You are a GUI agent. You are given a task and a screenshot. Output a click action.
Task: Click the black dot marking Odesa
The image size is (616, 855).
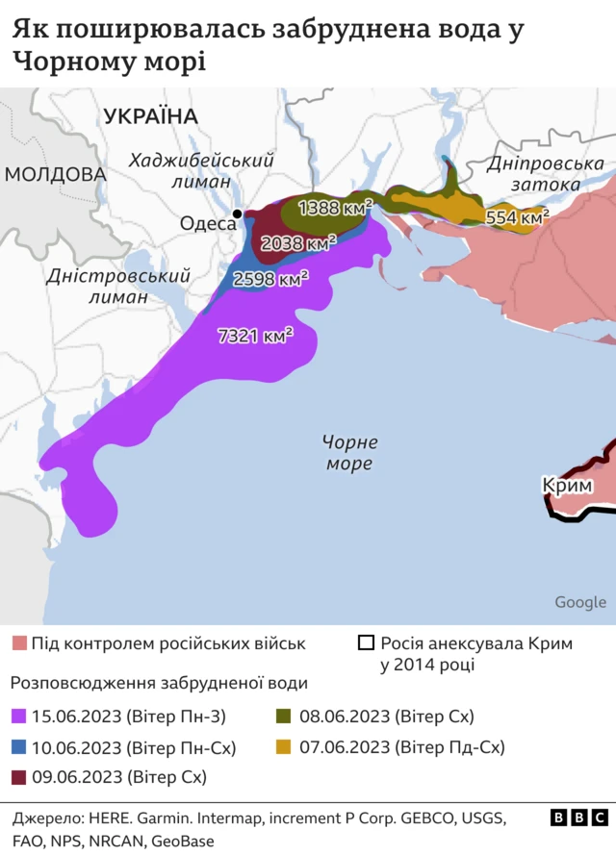(x=237, y=214)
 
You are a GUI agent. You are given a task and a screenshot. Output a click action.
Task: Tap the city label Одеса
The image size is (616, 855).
(x=207, y=223)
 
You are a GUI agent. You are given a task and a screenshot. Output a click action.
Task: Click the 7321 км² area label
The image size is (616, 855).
(x=256, y=337)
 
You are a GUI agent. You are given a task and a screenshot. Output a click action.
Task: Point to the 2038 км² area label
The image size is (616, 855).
(x=299, y=242)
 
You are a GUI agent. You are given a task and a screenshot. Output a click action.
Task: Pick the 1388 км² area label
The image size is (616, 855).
(x=336, y=207)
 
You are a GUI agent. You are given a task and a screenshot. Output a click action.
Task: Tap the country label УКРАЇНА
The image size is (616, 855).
(x=150, y=116)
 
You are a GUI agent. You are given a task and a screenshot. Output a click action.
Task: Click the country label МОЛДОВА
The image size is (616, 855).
(x=55, y=174)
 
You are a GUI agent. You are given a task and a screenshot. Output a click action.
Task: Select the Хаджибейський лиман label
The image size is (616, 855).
(x=201, y=170)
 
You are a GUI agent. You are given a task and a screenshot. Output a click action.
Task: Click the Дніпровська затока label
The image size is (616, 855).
(x=546, y=174)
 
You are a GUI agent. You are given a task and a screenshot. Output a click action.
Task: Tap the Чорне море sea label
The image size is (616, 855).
(x=348, y=453)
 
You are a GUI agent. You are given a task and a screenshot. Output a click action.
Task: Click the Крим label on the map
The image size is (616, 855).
(x=567, y=487)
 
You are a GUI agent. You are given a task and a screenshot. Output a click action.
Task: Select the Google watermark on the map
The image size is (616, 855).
(x=580, y=602)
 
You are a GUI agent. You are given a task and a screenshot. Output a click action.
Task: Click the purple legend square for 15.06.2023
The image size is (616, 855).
(x=18, y=717)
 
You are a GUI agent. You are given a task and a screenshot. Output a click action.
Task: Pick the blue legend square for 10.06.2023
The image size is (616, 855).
(x=18, y=746)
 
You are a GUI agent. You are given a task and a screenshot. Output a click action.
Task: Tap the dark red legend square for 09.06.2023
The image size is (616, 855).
(x=18, y=776)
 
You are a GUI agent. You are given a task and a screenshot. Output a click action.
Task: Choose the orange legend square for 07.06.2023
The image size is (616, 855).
(x=284, y=746)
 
